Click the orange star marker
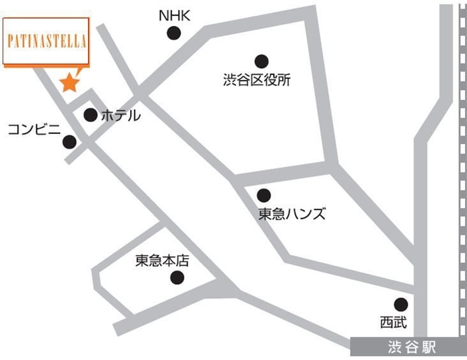pyautogui.click(x=69, y=83)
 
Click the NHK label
pyautogui.click(x=175, y=15)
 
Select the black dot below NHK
pyautogui.click(x=174, y=32)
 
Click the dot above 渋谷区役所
pyautogui.click(x=261, y=61)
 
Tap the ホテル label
pyautogui.click(x=120, y=115)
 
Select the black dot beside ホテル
pyautogui.click(x=90, y=115)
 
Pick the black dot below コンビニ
pyautogui.click(x=69, y=141)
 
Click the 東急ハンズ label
pyautogui.click(x=292, y=214)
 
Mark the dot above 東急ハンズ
pyautogui.click(x=264, y=195)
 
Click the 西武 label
pyautogui.click(x=392, y=323)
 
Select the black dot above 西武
pyautogui.click(x=400, y=304)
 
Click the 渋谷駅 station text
pyautogui.click(x=411, y=347)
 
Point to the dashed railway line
pyautogui.click(x=462, y=167)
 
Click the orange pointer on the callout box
pyautogui.click(x=75, y=71)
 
